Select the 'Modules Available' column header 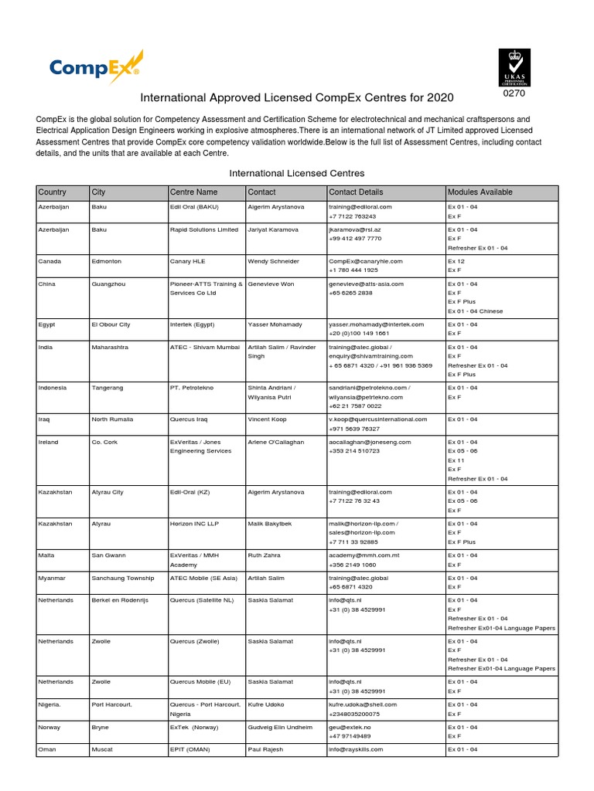point(480,192)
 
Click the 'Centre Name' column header point(193,192)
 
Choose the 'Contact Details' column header point(356,192)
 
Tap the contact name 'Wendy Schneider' point(273,261)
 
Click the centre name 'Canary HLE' point(188,261)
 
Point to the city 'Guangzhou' point(108,283)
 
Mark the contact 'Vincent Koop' point(268,419)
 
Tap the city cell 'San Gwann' point(108,555)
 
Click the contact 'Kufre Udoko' point(266,704)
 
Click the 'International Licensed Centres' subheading point(297,173)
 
